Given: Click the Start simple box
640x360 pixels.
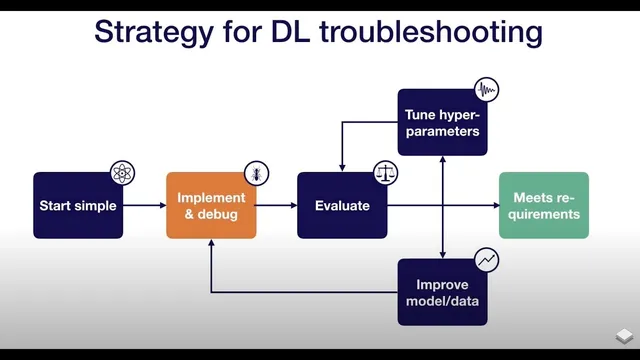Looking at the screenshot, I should [78, 205].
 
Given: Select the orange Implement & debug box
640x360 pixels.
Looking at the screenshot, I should [211, 205].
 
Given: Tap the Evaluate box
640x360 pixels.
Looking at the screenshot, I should [342, 205].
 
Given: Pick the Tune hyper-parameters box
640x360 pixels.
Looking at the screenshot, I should [442, 122].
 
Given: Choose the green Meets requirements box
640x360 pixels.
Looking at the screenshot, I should [544, 205].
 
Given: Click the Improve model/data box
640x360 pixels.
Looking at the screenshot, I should [442, 292].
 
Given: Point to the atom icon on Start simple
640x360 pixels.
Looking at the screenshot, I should [122, 173].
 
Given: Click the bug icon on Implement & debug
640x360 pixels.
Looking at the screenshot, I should [256, 173].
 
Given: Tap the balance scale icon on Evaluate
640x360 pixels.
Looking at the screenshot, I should [385, 173].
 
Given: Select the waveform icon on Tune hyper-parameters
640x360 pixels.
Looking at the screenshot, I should [486, 90].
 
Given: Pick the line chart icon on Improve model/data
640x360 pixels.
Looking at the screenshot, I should [486, 260].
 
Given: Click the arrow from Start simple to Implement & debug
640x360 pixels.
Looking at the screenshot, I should [144, 205].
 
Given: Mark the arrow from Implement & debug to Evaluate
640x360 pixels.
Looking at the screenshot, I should [277, 205].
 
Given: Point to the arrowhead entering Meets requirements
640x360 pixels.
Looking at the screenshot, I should [494, 205].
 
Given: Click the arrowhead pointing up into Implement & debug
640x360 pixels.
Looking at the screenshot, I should [211, 244].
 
